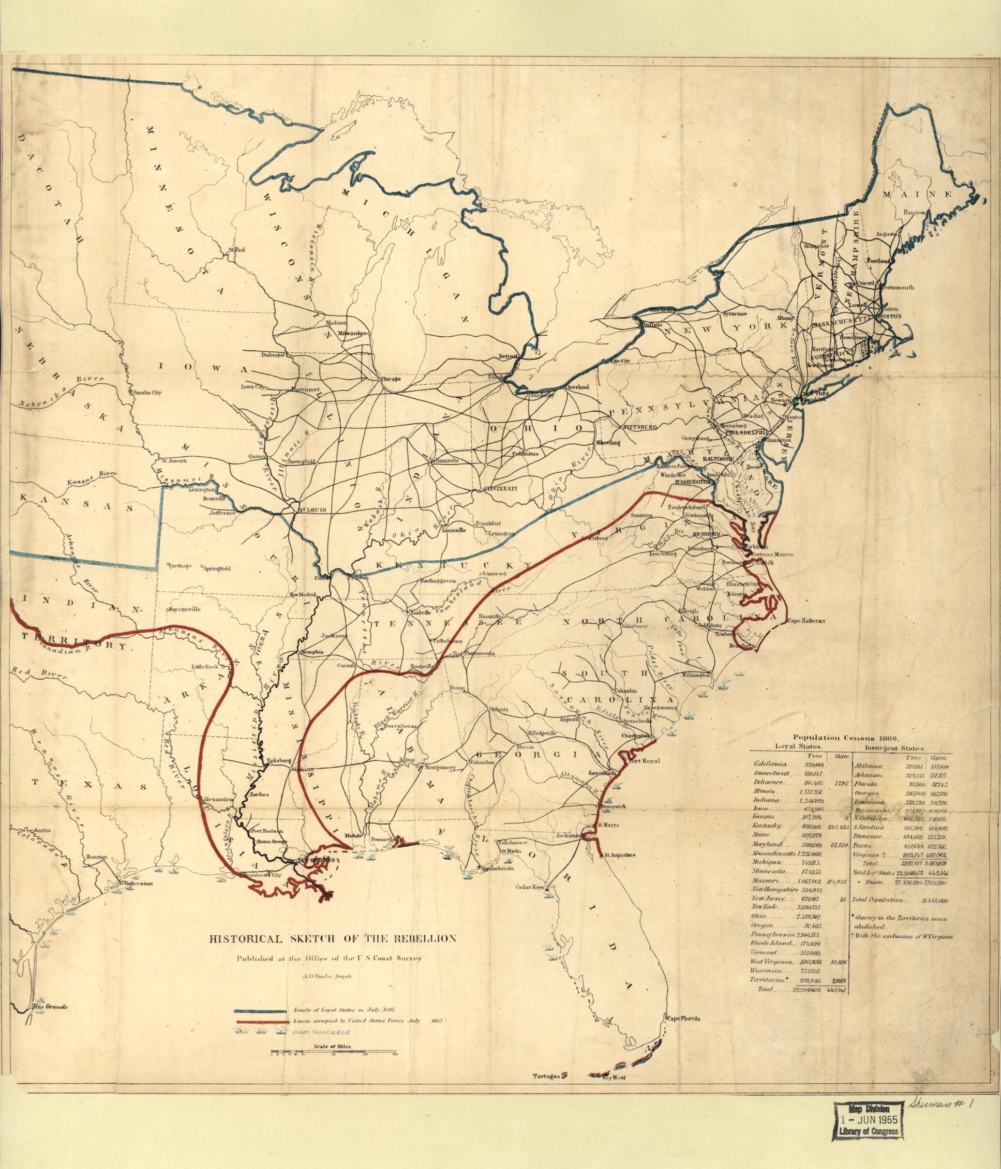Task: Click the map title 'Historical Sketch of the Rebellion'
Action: pyautogui.click(x=332, y=939)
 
